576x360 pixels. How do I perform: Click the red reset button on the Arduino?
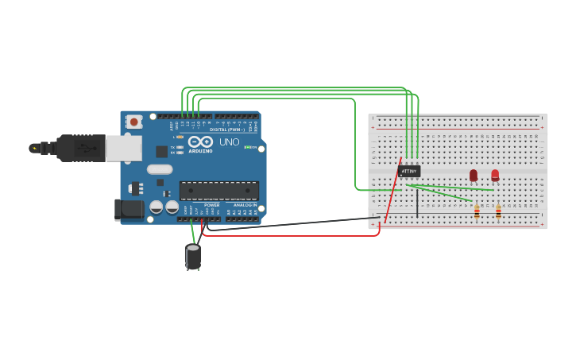pyautogui.click(x=134, y=122)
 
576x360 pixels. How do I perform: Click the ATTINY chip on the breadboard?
pyautogui.click(x=409, y=171)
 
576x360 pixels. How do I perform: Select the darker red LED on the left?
pyautogui.click(x=474, y=175)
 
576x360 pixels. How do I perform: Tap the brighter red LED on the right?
pyautogui.click(x=495, y=175)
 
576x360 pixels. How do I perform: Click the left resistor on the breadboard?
pyautogui.click(x=477, y=211)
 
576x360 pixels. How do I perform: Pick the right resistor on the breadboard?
pyautogui.click(x=498, y=211)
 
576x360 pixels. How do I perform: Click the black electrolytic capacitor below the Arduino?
pyautogui.click(x=193, y=256)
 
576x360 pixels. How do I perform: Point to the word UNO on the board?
pyautogui.click(x=229, y=142)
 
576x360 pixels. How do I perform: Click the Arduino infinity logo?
pyautogui.click(x=200, y=141)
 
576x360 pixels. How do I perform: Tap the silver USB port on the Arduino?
pyautogui.click(x=124, y=149)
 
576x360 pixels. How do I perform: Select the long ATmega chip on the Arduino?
pyautogui.click(x=218, y=191)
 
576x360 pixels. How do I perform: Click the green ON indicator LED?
pyautogui.click(x=248, y=147)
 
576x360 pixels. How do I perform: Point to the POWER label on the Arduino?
pyautogui.click(x=212, y=205)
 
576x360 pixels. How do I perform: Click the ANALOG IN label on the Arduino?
pyautogui.click(x=245, y=205)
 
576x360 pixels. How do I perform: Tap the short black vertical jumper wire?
pyautogui.click(x=417, y=201)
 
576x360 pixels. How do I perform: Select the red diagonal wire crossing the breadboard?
pyautogui.click(x=392, y=191)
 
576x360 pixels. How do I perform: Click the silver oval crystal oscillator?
pyautogui.click(x=160, y=168)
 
